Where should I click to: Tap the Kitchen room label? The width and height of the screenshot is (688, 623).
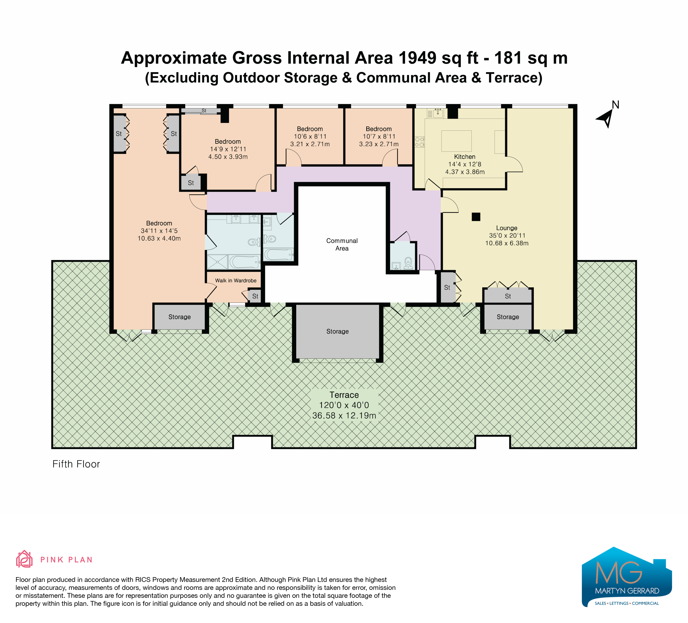(x=465, y=157)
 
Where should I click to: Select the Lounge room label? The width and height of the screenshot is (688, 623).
(x=506, y=228)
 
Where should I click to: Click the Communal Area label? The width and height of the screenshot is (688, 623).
(x=342, y=244)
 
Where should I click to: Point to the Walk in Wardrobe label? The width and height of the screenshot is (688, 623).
(x=235, y=280)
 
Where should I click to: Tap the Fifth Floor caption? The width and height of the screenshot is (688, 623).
(x=76, y=464)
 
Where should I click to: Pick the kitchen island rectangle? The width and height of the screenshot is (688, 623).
(x=456, y=141)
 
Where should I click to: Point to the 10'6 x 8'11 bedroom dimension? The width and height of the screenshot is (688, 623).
(x=310, y=136)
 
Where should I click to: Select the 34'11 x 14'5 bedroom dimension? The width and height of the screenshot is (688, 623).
(x=159, y=231)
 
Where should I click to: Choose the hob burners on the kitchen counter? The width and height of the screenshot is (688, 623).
(x=419, y=142)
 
